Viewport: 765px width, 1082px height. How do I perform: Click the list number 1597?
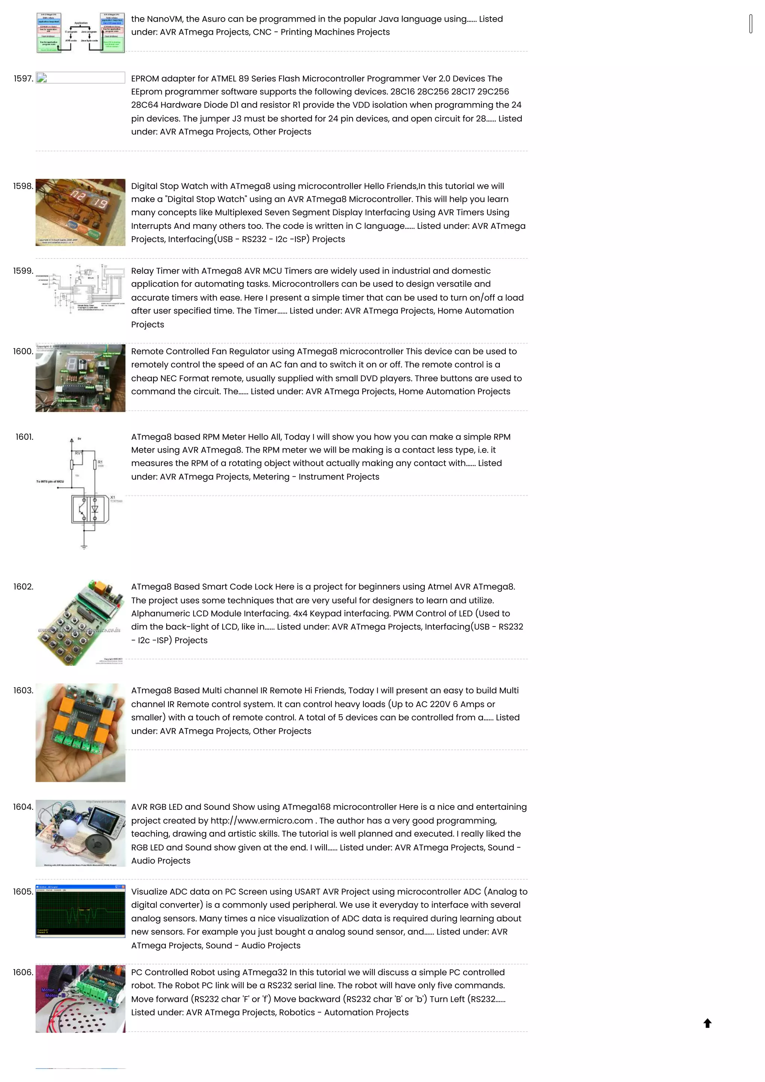point(23,79)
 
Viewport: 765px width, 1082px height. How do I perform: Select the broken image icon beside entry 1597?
point(42,78)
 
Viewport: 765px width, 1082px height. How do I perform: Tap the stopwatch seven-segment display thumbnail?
point(81,212)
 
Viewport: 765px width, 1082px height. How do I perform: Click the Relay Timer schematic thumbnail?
point(81,288)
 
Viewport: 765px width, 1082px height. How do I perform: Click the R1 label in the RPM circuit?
point(100,462)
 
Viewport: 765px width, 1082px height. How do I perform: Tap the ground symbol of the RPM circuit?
point(84,547)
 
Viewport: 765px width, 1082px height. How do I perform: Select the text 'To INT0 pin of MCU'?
point(50,482)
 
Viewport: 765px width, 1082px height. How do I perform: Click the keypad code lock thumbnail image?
point(81,622)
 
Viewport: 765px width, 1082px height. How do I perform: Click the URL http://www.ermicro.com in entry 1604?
point(261,820)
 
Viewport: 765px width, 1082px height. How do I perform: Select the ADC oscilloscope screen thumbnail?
point(81,911)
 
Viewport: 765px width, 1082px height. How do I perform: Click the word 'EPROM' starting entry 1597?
point(145,79)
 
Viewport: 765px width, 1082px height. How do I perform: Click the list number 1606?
point(23,972)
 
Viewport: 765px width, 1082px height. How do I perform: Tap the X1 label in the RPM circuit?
point(113,497)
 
